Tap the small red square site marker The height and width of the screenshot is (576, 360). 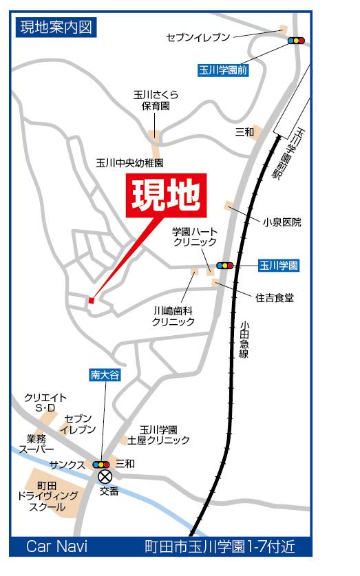pos(91,299)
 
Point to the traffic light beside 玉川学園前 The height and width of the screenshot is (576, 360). pos(297,41)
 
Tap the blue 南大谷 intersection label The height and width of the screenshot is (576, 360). pos(104,376)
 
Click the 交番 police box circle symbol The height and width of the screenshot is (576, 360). pos(105,476)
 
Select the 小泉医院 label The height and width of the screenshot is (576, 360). pos(282,222)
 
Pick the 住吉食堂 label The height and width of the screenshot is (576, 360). pos(275,298)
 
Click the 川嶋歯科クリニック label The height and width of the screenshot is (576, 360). pos(173,316)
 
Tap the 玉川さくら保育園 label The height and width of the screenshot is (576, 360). pos(155,102)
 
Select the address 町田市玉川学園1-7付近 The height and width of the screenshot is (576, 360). pos(219,548)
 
